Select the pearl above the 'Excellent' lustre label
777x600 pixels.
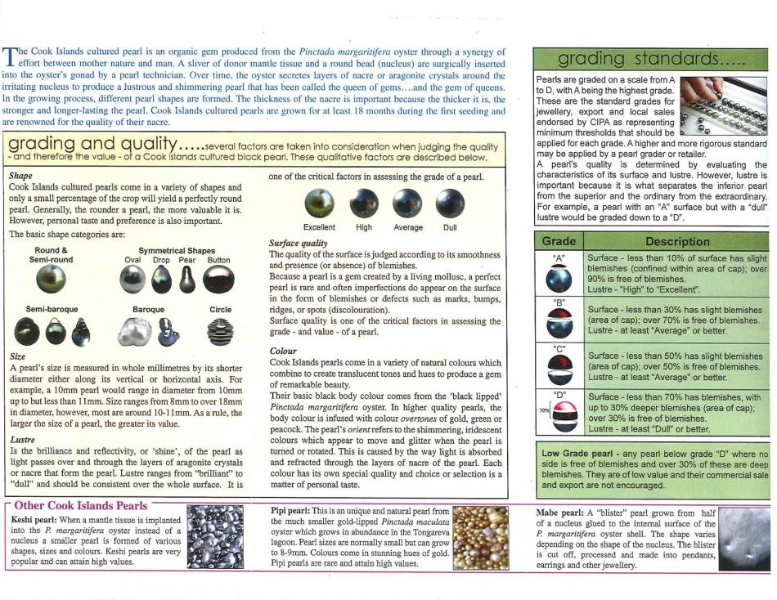[319, 203]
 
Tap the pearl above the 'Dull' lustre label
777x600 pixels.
[450, 203]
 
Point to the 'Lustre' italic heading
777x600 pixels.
[23, 439]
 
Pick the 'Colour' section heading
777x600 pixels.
[284, 351]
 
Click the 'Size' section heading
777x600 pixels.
[17, 357]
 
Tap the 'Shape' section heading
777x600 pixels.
[20, 176]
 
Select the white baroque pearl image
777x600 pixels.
[137, 331]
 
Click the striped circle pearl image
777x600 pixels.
[219, 331]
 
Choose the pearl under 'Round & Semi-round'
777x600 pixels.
[52, 280]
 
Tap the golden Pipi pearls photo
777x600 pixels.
[481, 538]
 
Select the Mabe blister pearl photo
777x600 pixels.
[743, 539]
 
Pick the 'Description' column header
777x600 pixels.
[677, 241]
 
